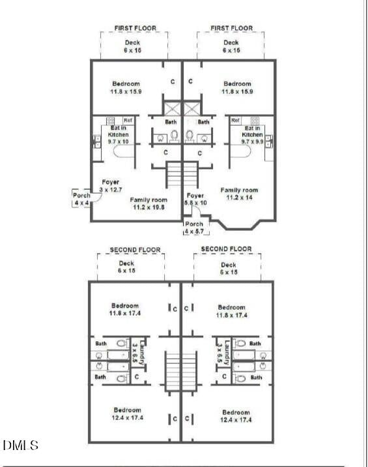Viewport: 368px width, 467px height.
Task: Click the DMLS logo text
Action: (21, 446)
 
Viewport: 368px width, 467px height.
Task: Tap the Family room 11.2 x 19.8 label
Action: (149, 203)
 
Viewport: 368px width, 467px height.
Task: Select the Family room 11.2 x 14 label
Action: (242, 194)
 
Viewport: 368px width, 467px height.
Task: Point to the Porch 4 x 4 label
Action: (81, 199)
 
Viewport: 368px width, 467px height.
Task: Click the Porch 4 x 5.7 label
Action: (194, 228)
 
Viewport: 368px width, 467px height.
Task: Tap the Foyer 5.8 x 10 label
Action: (195, 199)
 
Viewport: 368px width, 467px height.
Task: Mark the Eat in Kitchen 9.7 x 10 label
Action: (118, 134)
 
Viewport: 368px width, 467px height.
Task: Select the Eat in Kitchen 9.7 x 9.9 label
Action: (252, 134)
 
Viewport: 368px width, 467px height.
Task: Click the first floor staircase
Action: (182, 174)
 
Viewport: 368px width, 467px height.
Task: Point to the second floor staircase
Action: (180, 371)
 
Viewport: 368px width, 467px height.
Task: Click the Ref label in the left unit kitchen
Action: (128, 120)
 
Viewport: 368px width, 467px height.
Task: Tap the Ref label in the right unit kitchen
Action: (236, 120)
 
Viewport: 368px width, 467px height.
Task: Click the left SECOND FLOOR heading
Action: (135, 250)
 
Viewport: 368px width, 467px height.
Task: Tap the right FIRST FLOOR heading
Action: (231, 28)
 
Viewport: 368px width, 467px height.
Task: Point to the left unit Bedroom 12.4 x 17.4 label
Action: (125, 415)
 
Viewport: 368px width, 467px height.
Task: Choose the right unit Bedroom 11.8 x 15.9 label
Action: (237, 87)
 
